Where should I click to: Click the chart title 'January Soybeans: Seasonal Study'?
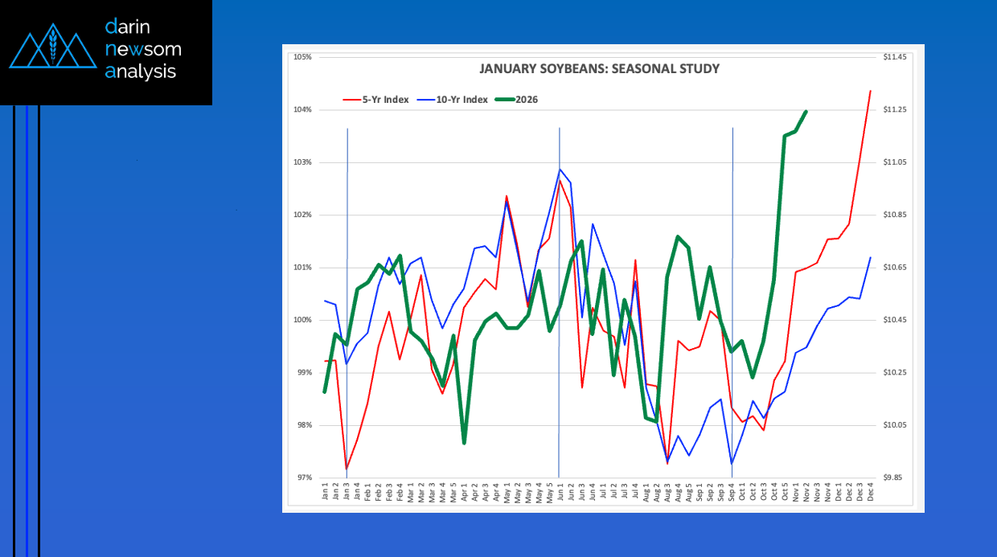[x=599, y=69]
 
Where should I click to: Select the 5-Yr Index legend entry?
[x=375, y=100]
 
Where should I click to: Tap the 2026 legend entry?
[x=516, y=100]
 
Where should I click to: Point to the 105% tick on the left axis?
[x=302, y=57]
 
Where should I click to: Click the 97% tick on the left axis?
[x=303, y=477]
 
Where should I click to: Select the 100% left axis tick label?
[x=302, y=320]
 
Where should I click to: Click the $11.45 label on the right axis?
[x=894, y=57]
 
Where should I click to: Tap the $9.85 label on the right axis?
[x=894, y=477]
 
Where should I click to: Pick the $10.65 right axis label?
[x=894, y=268]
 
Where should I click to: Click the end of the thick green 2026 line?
[x=806, y=112]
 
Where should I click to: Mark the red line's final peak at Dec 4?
[x=870, y=91]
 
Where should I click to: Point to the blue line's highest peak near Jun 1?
[x=560, y=169]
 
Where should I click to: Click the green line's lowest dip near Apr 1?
[x=464, y=442]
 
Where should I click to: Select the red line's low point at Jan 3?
[x=347, y=469]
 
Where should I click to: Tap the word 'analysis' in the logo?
[x=140, y=72]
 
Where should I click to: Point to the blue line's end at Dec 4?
[x=870, y=258]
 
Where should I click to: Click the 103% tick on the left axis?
[x=302, y=162]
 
